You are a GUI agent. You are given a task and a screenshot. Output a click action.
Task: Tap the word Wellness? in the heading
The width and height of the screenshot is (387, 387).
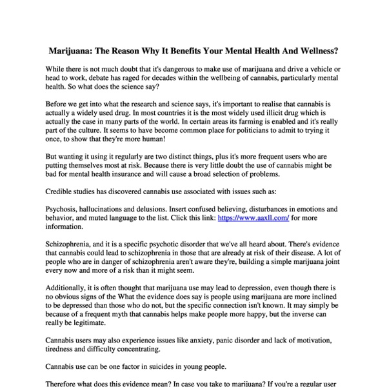pyautogui.click(x=313, y=50)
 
